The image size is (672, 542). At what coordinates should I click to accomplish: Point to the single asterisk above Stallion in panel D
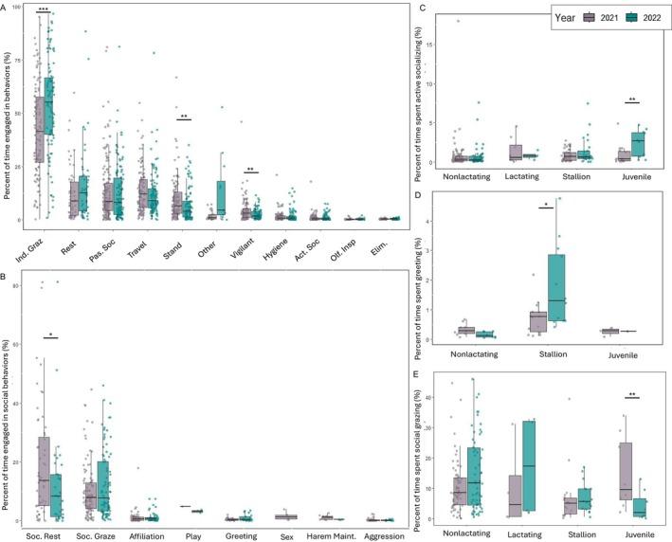[x=546, y=205]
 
